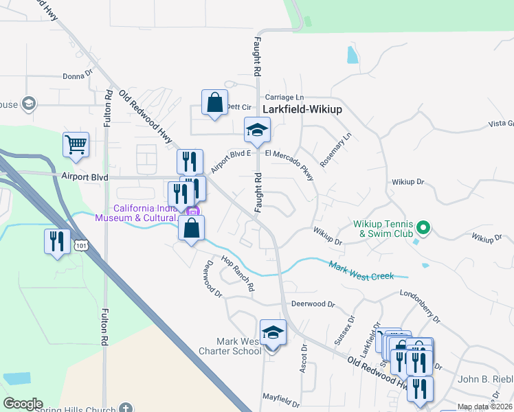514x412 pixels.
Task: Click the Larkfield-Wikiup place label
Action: click(x=302, y=109)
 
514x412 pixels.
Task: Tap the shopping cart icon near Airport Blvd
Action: click(x=76, y=145)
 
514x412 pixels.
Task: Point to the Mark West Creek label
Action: click(x=361, y=271)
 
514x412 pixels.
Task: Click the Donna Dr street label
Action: click(x=77, y=77)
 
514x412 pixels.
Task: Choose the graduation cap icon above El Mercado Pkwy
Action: click(x=257, y=130)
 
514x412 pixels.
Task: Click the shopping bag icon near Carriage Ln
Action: click(x=214, y=103)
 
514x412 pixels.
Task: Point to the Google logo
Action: click(x=23, y=404)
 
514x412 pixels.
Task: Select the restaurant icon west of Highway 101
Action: click(x=56, y=241)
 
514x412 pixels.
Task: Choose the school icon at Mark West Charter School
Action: click(x=273, y=332)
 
